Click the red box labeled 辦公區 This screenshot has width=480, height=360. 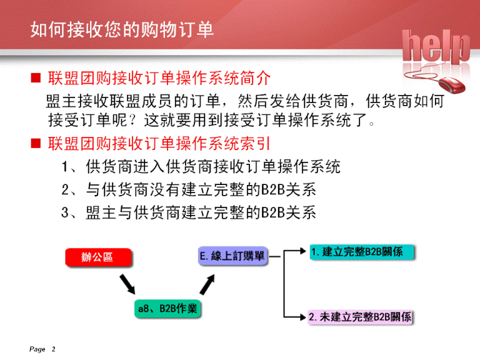(99, 257)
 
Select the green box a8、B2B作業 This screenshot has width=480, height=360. (167, 309)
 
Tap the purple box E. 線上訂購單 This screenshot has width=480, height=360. (232, 256)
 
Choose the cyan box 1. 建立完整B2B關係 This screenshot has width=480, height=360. (362, 252)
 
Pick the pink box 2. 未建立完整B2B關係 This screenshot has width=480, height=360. (360, 317)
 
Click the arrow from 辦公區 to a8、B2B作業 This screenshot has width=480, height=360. (127, 284)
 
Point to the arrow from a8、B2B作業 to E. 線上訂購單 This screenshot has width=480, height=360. (207, 284)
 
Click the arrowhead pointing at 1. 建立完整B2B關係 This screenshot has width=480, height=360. (302, 251)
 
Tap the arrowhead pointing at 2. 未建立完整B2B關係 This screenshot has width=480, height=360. (302, 317)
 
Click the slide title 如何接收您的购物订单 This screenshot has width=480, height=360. (122, 30)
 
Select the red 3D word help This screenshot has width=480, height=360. (436, 46)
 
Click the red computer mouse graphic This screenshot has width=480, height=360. (451, 85)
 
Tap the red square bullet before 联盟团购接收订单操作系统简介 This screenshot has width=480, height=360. (36, 77)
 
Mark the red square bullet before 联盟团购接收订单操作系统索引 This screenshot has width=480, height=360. (36, 143)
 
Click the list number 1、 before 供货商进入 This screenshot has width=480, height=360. (69, 167)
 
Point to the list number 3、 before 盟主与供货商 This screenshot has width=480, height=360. (69, 212)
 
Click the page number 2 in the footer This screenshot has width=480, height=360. (54, 349)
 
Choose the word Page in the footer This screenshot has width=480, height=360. (37, 349)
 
